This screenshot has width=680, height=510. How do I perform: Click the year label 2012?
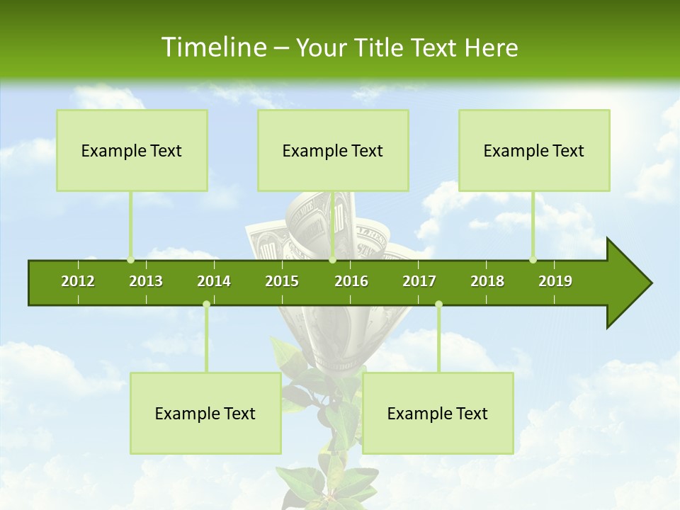(x=78, y=281)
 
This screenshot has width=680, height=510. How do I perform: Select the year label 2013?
(x=146, y=281)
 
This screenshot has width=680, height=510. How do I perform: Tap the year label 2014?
(x=214, y=281)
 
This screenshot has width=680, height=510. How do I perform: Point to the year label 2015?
(x=282, y=281)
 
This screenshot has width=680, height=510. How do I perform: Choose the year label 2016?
(x=351, y=281)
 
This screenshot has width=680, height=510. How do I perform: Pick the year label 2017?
(x=419, y=281)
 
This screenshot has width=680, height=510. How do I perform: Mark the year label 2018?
(x=487, y=281)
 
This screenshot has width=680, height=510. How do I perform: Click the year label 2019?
(x=555, y=281)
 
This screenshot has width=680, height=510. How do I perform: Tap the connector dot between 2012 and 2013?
(x=130, y=259)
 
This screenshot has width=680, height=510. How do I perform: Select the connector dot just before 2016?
(x=332, y=259)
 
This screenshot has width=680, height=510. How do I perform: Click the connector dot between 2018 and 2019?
(x=533, y=259)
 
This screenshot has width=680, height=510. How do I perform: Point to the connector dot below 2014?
(x=206, y=305)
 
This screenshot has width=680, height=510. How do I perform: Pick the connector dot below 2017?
(x=438, y=305)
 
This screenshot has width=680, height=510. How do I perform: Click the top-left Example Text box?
(x=132, y=151)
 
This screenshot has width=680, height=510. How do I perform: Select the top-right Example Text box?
(x=534, y=151)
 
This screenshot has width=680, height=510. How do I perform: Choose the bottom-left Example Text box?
(x=205, y=414)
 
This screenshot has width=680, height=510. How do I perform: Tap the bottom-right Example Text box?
(x=438, y=414)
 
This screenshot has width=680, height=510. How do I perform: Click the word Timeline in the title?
(x=213, y=47)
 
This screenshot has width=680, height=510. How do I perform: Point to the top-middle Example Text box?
(x=333, y=151)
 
